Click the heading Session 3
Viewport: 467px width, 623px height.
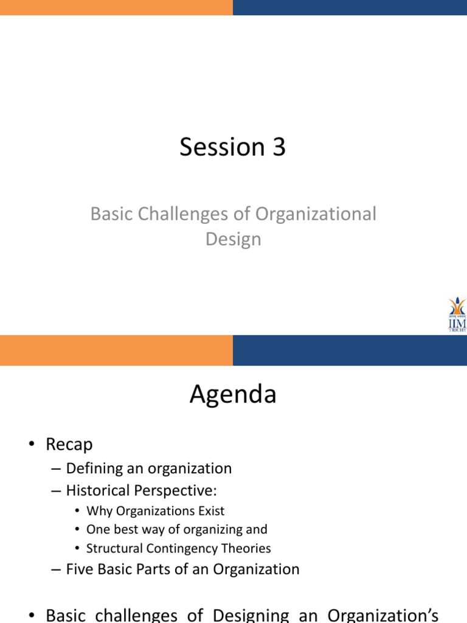(x=232, y=148)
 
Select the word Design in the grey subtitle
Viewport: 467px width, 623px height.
(x=233, y=239)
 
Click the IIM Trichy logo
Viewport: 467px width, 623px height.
(x=457, y=314)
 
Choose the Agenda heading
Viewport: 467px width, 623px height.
(x=233, y=395)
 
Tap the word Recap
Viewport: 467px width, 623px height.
(x=69, y=445)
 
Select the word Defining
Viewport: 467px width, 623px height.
(x=93, y=469)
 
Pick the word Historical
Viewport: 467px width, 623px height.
(x=97, y=490)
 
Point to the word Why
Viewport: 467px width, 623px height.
(x=98, y=511)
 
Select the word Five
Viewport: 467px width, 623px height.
(x=79, y=569)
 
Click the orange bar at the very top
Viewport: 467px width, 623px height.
(x=116, y=7)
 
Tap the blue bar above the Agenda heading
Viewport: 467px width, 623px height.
(x=350, y=350)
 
